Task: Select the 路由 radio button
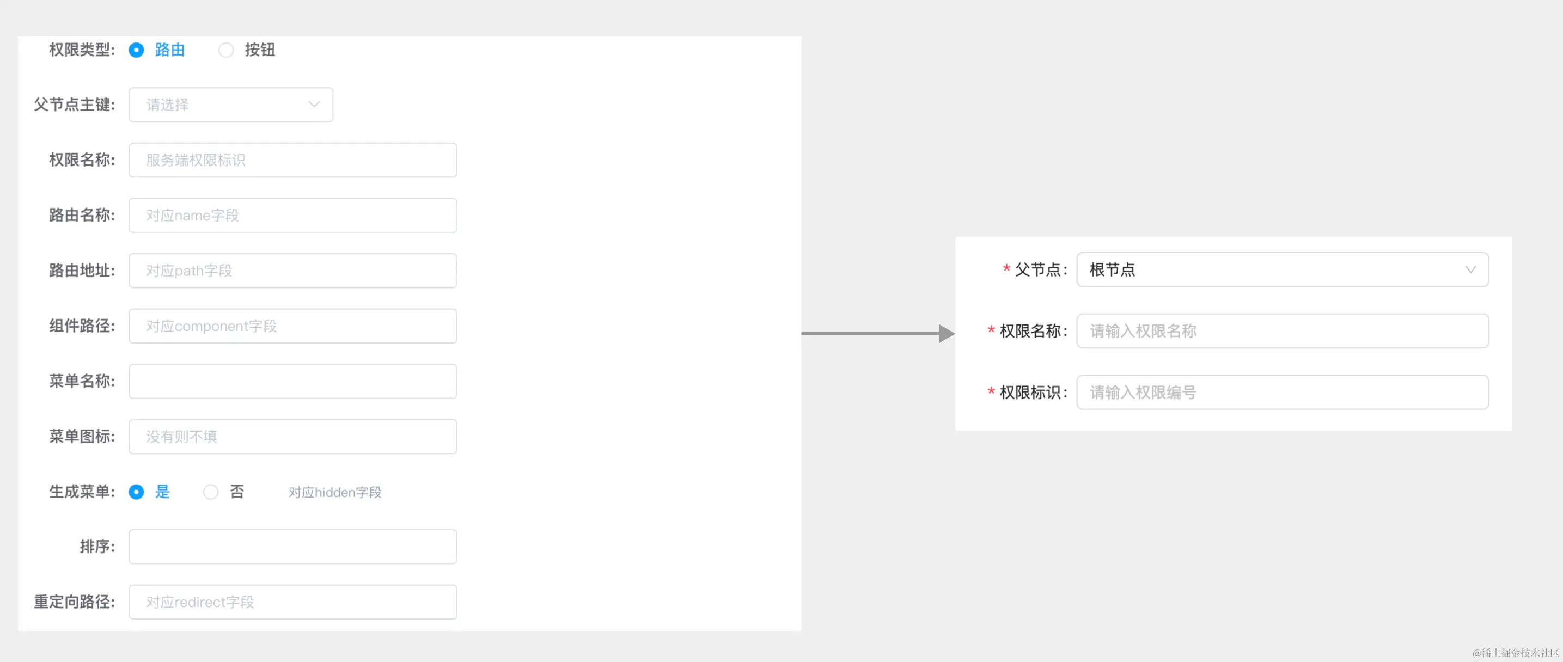point(137,50)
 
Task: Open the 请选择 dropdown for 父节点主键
point(230,105)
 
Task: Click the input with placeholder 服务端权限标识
point(292,160)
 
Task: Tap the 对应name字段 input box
point(292,216)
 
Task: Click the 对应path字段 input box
point(292,271)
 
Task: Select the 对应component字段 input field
point(292,326)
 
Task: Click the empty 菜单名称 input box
point(292,381)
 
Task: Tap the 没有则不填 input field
point(292,436)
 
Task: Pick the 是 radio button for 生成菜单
point(137,492)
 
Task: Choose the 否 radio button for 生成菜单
point(211,492)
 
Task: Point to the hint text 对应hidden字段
point(335,492)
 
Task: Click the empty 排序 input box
point(292,547)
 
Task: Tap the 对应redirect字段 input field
point(292,602)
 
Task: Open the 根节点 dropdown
point(1282,269)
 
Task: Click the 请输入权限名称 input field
point(1282,330)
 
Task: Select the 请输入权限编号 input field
point(1282,392)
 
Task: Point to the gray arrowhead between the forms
point(946,333)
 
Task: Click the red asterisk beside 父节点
point(1006,268)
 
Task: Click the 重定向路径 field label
point(74,602)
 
